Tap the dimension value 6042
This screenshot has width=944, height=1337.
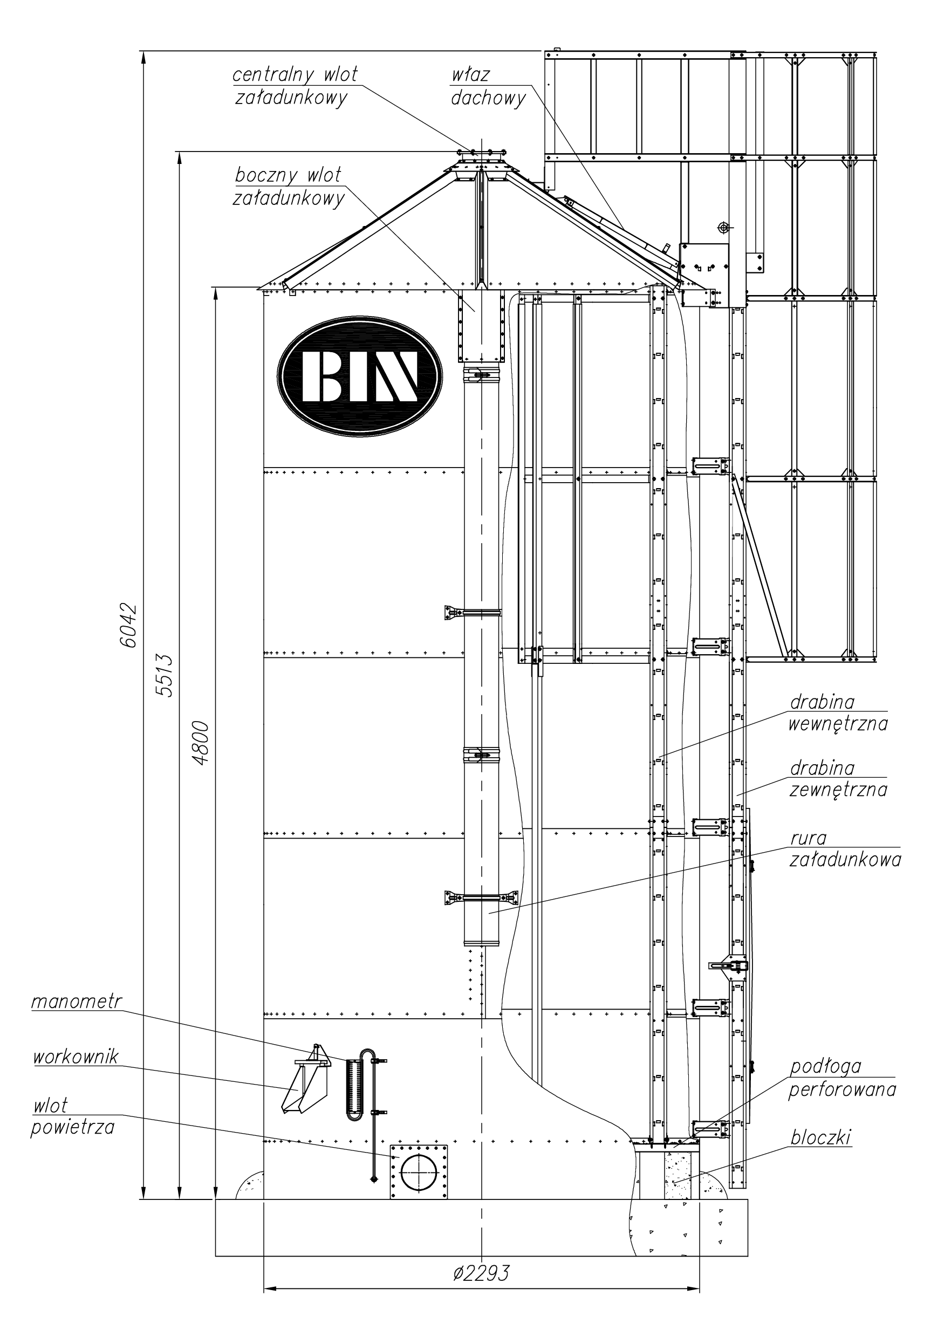coord(128,626)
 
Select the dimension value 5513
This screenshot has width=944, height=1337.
coord(165,675)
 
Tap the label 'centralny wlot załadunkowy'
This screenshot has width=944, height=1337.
coord(295,86)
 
